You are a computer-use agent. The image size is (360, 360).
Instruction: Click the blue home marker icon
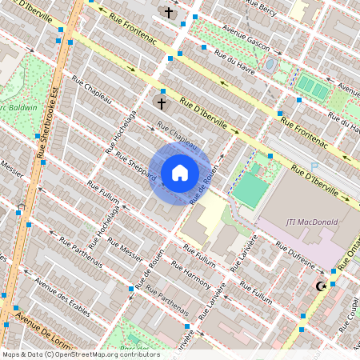[180, 172]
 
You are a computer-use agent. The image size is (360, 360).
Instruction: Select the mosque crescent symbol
[322, 286]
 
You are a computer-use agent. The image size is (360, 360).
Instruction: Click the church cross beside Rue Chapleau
[161, 103]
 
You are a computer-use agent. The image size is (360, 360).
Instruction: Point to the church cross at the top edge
[168, 13]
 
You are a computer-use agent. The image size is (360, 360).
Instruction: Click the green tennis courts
[313, 88]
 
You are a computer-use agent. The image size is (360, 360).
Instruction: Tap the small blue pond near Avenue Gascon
[270, 63]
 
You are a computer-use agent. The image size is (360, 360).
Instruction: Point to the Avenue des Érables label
[58, 291]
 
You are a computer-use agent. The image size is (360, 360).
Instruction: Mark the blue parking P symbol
[314, 166]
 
